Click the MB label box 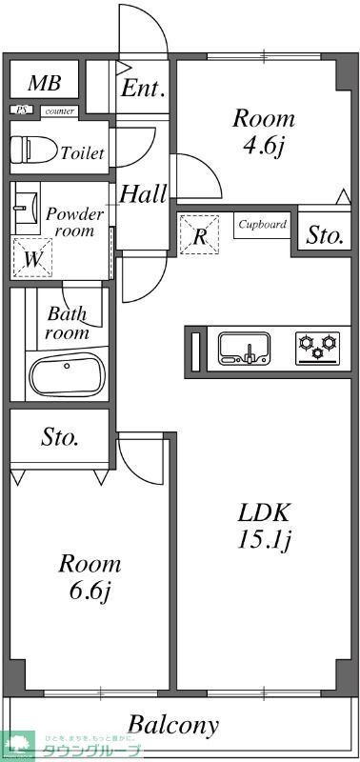(x=44, y=84)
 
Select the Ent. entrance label (x=144, y=90)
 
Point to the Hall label (x=143, y=195)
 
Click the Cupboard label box (x=262, y=226)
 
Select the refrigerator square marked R (x=200, y=236)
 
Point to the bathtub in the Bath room (x=67, y=375)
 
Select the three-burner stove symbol (x=317, y=347)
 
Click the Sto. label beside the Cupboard (x=325, y=235)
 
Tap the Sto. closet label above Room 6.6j (x=60, y=438)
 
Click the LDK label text (x=263, y=511)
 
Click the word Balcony (x=173, y=725)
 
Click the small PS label (x=22, y=110)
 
